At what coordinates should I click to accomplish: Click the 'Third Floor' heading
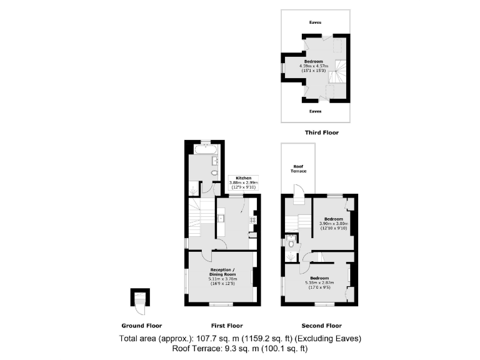tap(321, 132)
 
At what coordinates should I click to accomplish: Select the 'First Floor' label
tap(226, 326)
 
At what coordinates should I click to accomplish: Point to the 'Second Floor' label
tap(321, 326)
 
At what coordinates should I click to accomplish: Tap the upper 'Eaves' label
tap(315, 22)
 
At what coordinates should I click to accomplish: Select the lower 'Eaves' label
tap(315, 111)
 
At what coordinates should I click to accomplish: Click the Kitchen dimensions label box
tap(243, 182)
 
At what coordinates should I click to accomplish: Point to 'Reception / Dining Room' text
tap(222, 274)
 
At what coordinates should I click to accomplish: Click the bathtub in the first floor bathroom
tap(205, 150)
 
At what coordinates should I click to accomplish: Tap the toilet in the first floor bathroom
tap(214, 173)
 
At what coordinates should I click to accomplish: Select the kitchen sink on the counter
tap(222, 218)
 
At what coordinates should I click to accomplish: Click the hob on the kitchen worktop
tap(253, 219)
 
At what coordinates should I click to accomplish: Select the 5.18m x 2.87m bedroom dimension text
tap(319, 282)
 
